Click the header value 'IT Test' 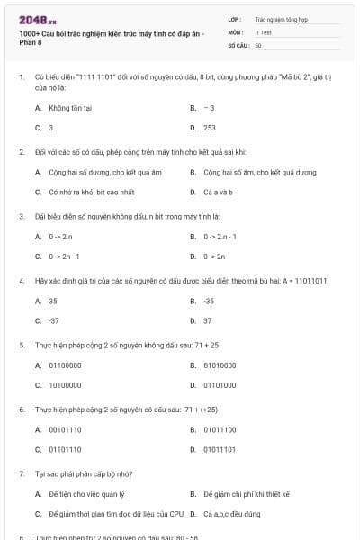(263, 31)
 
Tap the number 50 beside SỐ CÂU (258, 44)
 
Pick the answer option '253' (210, 128)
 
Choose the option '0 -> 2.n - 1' (220, 236)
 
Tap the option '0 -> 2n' (214, 256)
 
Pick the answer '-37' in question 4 (54, 320)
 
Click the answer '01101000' (220, 384)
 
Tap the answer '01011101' (220, 448)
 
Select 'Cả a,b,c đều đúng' (231, 514)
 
